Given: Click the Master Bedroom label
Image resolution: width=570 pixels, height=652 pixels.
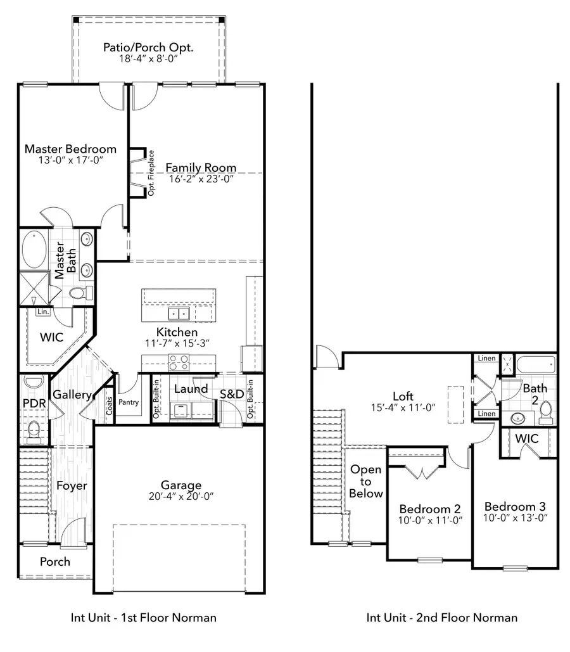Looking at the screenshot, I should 70,149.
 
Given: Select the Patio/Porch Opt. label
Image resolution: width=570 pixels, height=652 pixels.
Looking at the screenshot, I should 148,48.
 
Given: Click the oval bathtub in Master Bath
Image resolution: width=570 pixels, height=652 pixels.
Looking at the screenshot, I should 33,250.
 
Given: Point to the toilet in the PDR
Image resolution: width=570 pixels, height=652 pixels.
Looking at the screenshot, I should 34,431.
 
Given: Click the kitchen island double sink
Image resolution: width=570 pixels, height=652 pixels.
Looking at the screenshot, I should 178,314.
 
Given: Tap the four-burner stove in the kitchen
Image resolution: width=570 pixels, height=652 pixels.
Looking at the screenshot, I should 178,362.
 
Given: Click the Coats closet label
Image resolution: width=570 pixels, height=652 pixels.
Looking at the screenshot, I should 109,406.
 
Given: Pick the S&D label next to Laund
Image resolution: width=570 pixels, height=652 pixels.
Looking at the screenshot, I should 232,394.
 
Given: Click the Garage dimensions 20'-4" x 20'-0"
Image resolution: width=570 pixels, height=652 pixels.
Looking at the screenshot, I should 172,497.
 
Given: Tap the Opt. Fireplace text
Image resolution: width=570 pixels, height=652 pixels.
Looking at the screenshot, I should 151,172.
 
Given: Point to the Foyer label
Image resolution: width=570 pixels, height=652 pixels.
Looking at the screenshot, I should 72,486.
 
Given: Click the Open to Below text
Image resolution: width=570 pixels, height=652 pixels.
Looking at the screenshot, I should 366,482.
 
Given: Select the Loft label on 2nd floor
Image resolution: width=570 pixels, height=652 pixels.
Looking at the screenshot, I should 403,397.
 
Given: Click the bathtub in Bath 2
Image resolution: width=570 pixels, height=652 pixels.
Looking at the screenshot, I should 535,366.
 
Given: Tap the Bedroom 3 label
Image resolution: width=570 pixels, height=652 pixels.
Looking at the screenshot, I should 515,507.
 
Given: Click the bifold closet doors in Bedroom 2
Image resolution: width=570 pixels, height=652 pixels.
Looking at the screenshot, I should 419,471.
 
